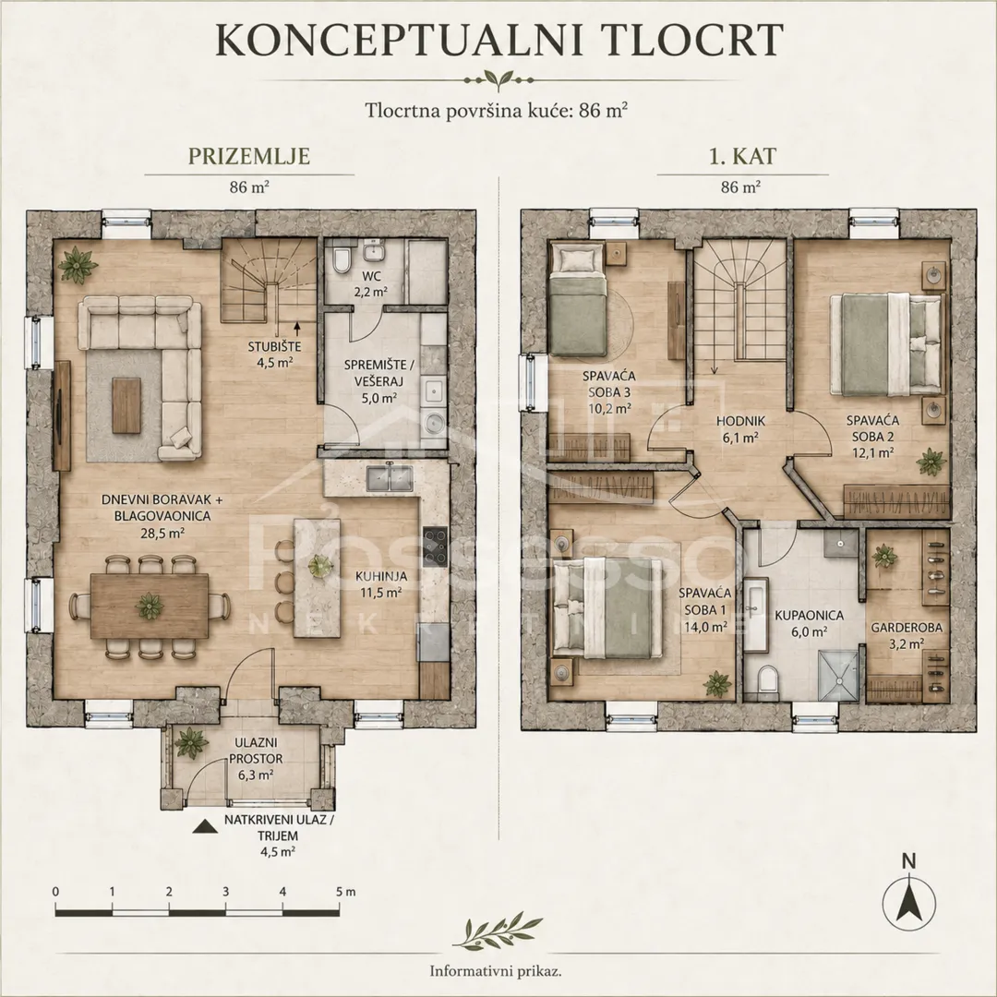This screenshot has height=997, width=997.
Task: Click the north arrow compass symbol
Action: point(909,903)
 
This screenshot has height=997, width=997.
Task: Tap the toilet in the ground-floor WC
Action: point(340,258)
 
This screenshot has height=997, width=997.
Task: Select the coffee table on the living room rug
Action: point(127,405)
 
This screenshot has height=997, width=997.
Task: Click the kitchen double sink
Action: point(390,478)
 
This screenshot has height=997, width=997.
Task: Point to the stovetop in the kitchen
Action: point(434,547)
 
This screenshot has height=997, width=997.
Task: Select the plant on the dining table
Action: point(149,606)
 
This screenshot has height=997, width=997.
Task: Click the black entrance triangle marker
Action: point(203,826)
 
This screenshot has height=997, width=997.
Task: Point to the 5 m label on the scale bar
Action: point(346,892)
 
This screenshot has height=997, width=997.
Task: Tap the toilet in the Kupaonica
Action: point(767,679)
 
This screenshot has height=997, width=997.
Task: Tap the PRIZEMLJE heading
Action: point(248,156)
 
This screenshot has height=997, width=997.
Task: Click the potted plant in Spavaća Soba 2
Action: point(931,462)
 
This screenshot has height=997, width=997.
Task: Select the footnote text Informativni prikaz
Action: point(496,971)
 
